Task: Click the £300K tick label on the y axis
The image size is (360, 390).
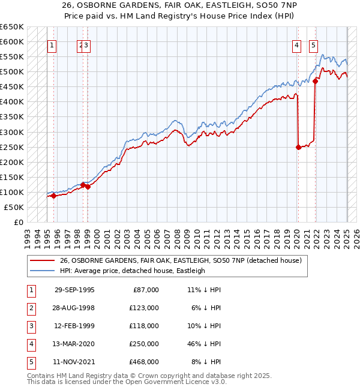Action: coord(11,132)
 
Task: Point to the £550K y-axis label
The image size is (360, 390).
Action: coord(11,57)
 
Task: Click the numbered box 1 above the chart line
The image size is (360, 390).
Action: coord(53,45)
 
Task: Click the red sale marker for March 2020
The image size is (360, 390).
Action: coord(298,146)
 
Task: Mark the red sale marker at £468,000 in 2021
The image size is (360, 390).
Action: coord(316,82)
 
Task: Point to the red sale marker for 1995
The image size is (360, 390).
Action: coord(53,196)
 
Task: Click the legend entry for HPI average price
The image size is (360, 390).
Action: coord(132,271)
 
